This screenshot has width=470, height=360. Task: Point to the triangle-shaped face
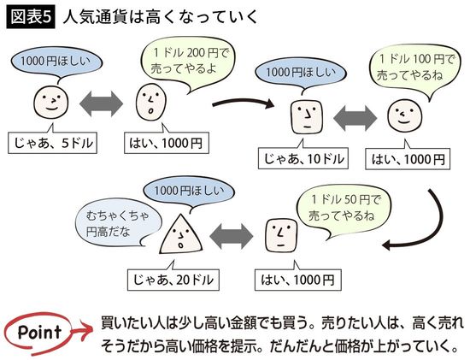tap(182, 233)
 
